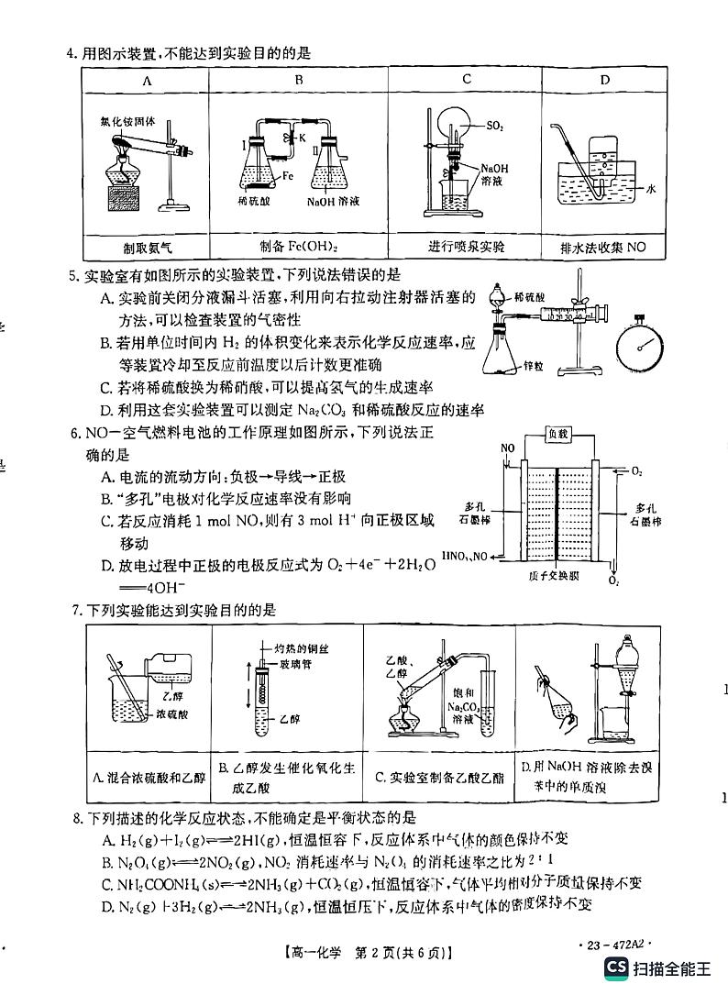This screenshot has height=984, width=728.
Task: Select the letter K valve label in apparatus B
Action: coord(300,137)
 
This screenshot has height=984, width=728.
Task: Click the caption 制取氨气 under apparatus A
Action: coord(147,248)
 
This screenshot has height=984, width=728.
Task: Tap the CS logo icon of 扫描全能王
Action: coord(616,967)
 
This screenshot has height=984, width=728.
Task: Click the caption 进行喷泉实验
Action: coord(466,248)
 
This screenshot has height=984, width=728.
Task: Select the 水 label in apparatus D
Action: coord(652,189)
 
